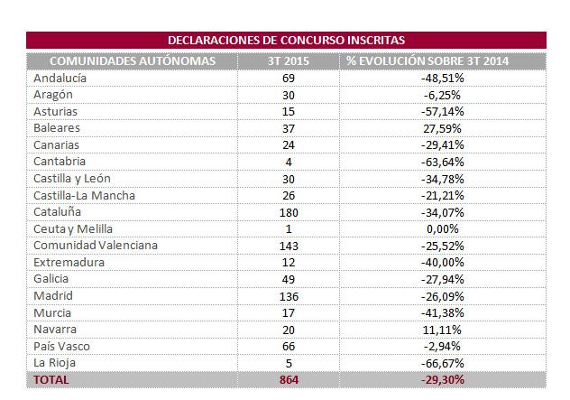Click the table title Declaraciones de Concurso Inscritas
pyautogui.click(x=286, y=41)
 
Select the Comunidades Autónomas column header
pyautogui.click(x=132, y=60)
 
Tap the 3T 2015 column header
pyautogui.click(x=289, y=60)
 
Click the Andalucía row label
pyautogui.click(x=60, y=79)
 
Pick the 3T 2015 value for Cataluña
pyautogui.click(x=289, y=212)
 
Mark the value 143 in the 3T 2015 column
pyautogui.click(x=289, y=246)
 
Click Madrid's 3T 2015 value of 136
pyautogui.click(x=289, y=295)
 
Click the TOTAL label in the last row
pyautogui.click(x=51, y=380)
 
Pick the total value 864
pyautogui.click(x=289, y=380)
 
